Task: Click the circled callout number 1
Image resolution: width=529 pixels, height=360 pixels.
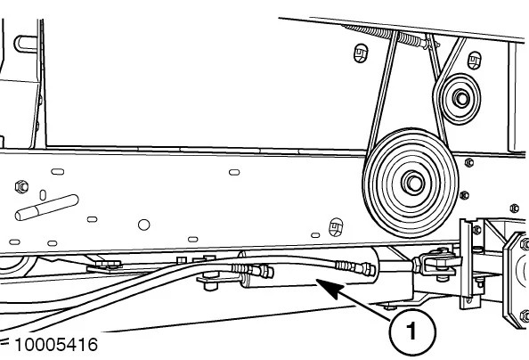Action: (x=412, y=331)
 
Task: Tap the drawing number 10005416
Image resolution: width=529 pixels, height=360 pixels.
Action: (x=56, y=345)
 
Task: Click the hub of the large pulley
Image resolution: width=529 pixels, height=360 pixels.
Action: (x=413, y=183)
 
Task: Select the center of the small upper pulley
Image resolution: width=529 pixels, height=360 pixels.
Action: (x=460, y=98)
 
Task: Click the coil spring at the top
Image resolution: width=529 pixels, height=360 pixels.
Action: (x=391, y=36)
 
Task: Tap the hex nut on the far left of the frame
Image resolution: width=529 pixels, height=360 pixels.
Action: (x=22, y=186)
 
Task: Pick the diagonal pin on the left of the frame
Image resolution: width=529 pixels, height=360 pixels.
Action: (x=47, y=208)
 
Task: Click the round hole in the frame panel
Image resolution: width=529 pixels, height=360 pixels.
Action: (x=144, y=225)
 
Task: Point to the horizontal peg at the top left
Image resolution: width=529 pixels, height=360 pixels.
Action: (x=26, y=45)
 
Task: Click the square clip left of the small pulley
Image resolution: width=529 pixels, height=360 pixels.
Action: (x=361, y=53)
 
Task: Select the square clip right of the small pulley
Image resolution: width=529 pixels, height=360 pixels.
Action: (x=475, y=61)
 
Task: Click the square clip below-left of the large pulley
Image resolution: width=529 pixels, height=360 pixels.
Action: (x=336, y=227)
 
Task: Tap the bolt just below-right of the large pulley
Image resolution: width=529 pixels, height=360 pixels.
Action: (x=465, y=195)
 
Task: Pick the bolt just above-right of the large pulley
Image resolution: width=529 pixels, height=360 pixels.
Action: (x=469, y=162)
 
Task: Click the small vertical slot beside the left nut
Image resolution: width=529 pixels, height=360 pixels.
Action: (x=43, y=195)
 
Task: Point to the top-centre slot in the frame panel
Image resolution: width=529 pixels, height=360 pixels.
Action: (x=234, y=172)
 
